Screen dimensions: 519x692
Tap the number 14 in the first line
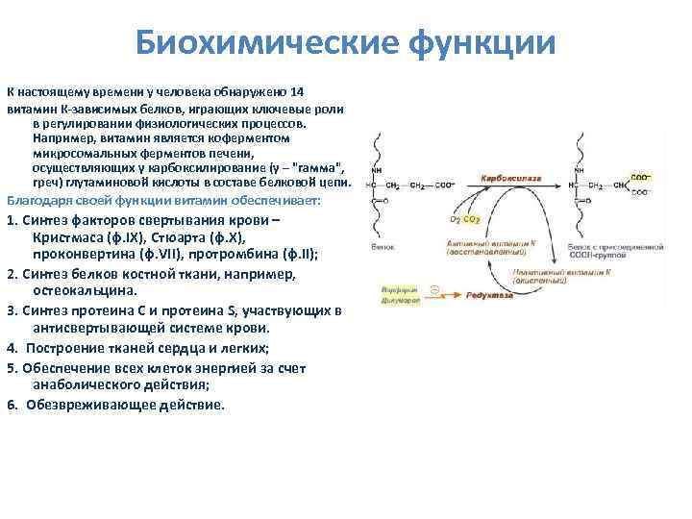click(x=296, y=91)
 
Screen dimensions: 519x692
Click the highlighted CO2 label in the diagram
click(x=472, y=219)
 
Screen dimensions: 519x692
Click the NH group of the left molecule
click(x=377, y=170)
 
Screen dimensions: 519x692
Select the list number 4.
click(x=12, y=346)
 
